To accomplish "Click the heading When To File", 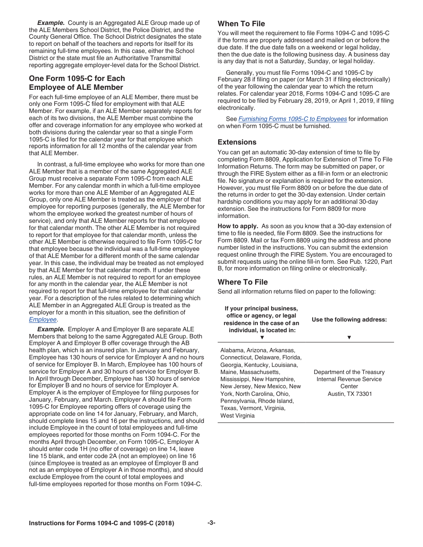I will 241,24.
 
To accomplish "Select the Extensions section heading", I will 237,142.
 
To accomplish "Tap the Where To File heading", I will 243,282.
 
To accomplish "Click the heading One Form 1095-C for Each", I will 77,78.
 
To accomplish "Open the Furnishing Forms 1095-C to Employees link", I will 293,119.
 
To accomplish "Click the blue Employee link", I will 43,319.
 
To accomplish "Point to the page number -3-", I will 211,523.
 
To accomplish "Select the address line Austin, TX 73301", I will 350,394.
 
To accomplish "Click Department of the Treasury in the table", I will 349,372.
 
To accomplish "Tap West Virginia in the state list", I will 238,415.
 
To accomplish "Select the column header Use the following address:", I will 349,319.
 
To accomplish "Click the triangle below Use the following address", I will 349,338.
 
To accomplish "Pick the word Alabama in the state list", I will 233,350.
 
